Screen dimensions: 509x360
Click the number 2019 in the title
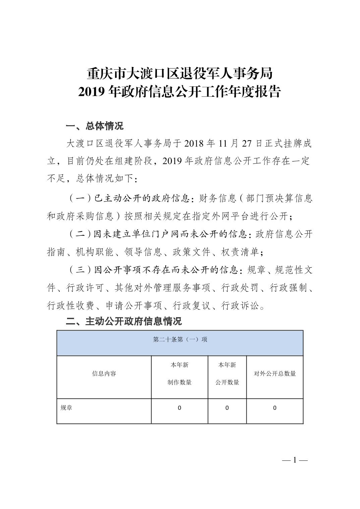tap(93, 92)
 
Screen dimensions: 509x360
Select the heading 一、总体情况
tap(95, 126)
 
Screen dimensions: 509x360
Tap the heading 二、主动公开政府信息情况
tap(124, 321)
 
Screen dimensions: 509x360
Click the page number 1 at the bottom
tap(295, 460)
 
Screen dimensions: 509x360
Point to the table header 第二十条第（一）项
tap(180, 340)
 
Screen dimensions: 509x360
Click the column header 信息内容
tap(104, 374)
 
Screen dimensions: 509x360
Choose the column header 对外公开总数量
tap(275, 374)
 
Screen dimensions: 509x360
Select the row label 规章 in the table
tap(66, 408)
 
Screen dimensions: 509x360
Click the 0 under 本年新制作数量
tap(180, 408)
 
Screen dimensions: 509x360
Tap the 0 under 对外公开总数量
tap(275, 408)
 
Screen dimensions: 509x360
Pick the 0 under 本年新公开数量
tap(227, 408)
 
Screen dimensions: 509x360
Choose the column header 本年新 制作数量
tap(180, 374)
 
